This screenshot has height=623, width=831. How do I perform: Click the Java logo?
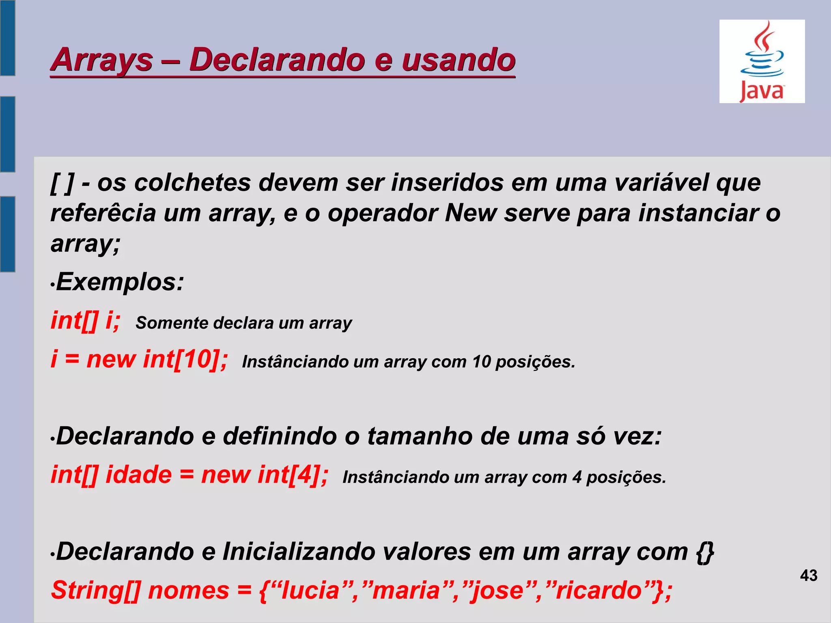click(x=762, y=61)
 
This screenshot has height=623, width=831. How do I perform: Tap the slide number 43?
click(x=809, y=576)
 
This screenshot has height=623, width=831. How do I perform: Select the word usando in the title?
click(x=459, y=60)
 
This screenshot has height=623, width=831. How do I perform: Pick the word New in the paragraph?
click(x=471, y=213)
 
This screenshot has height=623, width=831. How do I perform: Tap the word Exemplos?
click(x=120, y=282)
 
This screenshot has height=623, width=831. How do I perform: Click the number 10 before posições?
click(x=482, y=362)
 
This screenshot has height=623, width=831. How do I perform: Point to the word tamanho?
click(x=420, y=436)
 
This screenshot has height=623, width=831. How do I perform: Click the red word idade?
click(x=139, y=475)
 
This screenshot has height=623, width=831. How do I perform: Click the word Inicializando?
click(x=299, y=552)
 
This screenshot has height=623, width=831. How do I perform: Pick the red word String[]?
click(x=96, y=590)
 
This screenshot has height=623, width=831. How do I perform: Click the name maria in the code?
click(x=406, y=591)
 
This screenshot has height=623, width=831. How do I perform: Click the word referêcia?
click(x=103, y=213)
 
